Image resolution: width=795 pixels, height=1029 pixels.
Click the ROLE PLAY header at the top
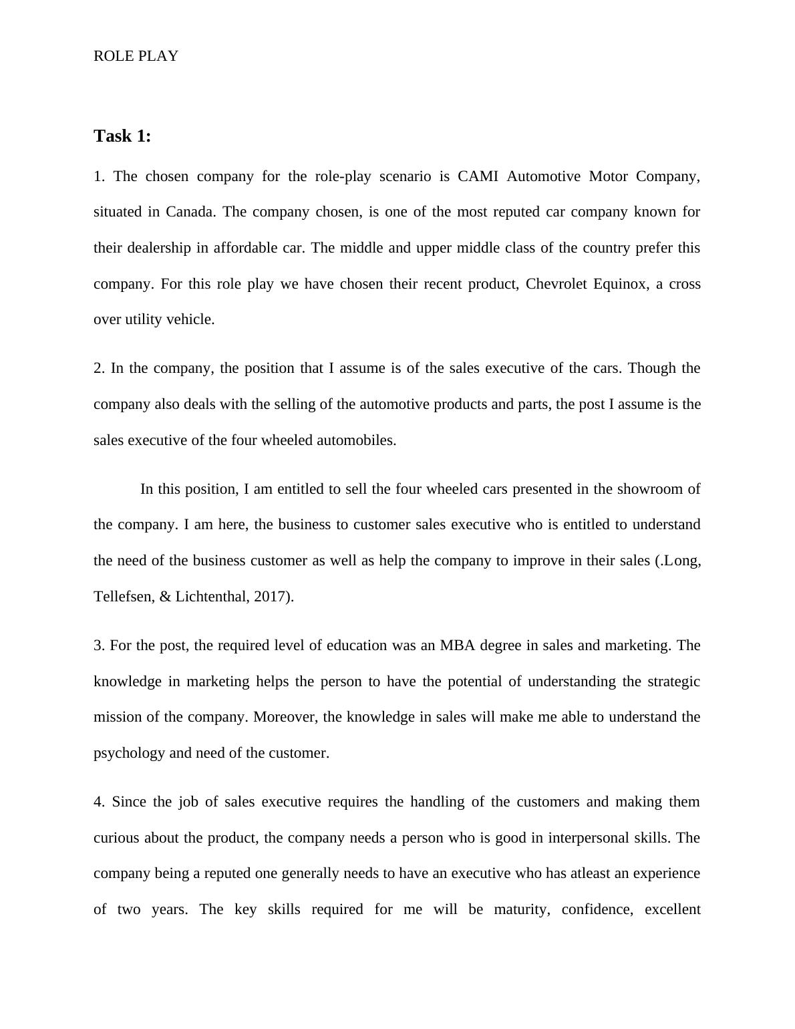click(136, 56)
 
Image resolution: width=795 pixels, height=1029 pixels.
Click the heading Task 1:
click(122, 136)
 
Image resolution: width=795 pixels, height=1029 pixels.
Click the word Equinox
click(622, 284)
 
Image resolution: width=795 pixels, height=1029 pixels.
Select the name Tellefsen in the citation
click(122, 597)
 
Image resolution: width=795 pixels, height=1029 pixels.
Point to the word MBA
click(458, 645)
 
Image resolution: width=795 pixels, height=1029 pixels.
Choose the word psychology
click(129, 753)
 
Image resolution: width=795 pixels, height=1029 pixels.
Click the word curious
click(116, 838)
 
